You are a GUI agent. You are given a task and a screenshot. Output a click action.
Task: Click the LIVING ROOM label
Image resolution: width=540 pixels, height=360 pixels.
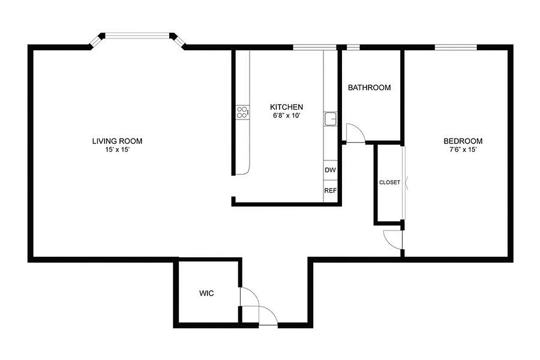click(x=117, y=141)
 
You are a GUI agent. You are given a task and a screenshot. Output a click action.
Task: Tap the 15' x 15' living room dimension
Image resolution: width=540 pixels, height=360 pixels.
click(x=117, y=150)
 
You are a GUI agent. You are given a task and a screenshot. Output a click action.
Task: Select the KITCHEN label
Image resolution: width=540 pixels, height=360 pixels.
click(x=286, y=107)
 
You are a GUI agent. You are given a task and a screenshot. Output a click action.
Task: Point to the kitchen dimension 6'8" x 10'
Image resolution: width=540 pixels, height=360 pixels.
click(x=286, y=116)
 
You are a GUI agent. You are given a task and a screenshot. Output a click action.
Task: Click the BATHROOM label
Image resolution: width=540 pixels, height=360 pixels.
click(x=369, y=88)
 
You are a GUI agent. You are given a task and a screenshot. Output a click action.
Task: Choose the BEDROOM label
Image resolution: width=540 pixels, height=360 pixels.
click(x=463, y=141)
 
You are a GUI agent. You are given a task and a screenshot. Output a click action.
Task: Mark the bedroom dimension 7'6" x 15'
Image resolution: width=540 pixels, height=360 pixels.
click(x=463, y=149)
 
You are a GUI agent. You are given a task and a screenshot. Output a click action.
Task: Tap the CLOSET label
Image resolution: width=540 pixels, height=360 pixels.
click(x=389, y=182)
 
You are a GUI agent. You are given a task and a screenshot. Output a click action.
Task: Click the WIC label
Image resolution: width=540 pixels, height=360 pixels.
click(x=207, y=294)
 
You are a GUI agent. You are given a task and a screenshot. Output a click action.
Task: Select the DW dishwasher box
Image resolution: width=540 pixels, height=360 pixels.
click(x=330, y=170)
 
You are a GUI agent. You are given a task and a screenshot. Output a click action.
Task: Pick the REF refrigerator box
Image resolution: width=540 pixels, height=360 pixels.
click(x=330, y=190)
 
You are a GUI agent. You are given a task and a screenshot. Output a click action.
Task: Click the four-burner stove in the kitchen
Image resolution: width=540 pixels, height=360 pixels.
click(x=242, y=112)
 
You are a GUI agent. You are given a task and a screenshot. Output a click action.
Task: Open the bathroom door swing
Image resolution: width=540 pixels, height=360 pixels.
click(x=355, y=134)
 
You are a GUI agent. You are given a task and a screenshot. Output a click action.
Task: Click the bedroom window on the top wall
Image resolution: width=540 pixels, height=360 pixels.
click(x=455, y=47)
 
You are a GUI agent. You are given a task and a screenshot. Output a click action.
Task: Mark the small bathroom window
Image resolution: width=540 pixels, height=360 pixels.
click(x=353, y=47)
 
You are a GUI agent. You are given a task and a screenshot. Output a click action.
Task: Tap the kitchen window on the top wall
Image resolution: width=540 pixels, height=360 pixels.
click(x=315, y=47)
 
